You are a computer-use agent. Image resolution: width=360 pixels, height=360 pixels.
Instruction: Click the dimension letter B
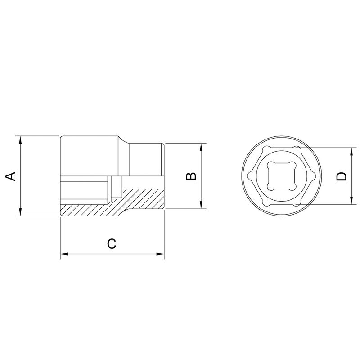pyautogui.click(x=191, y=176)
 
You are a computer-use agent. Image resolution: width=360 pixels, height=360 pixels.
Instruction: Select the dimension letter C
pyautogui.click(x=112, y=243)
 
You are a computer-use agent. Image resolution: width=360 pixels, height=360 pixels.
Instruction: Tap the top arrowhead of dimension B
pyautogui.click(x=201, y=147)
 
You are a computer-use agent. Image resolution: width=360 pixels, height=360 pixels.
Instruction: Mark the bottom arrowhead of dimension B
pyautogui.click(x=201, y=206)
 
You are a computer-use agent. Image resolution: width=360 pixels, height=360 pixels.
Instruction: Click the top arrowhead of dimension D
pyautogui.click(x=351, y=151)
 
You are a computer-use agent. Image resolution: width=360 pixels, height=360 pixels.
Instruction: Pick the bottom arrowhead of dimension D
pyautogui.click(x=351, y=202)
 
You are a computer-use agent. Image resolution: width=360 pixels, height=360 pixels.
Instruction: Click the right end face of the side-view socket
pyautogui.click(x=164, y=176)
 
